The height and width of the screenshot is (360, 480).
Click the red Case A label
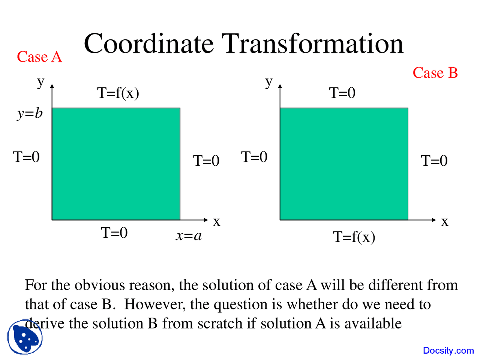coord(39,57)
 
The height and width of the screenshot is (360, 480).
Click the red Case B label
coord(435,73)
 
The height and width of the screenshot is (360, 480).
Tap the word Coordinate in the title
coord(148,43)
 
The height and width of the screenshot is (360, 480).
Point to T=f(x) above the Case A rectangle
coord(118,93)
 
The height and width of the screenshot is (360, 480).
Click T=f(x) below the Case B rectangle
coord(354,237)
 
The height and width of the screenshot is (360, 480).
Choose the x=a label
coord(189,235)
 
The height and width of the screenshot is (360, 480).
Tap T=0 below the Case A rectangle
coord(114,233)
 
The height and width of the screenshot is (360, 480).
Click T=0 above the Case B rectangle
coord(342,93)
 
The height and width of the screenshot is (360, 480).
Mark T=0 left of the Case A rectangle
coord(26,157)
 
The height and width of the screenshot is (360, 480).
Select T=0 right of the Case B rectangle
coord(434,161)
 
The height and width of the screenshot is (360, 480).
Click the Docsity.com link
coord(448,351)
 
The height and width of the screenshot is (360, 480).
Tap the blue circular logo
coord(25,337)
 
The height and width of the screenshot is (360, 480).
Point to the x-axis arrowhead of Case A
coord(205,220)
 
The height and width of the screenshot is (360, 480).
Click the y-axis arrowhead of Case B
coord(280,86)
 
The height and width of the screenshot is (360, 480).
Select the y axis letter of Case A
coord(40,81)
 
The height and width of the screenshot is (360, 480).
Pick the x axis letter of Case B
coord(445,222)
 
